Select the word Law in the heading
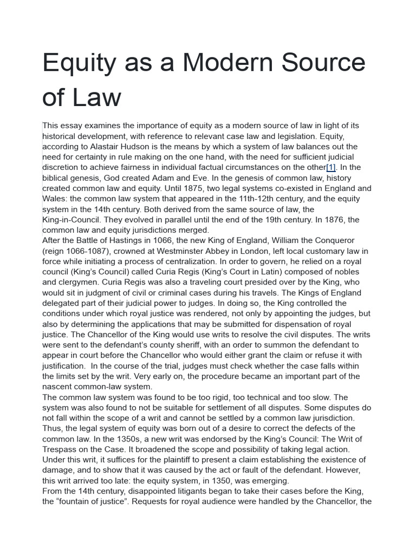(x=97, y=97)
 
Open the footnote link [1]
(x=330, y=167)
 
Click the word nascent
(x=58, y=387)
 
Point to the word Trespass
(x=63, y=450)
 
